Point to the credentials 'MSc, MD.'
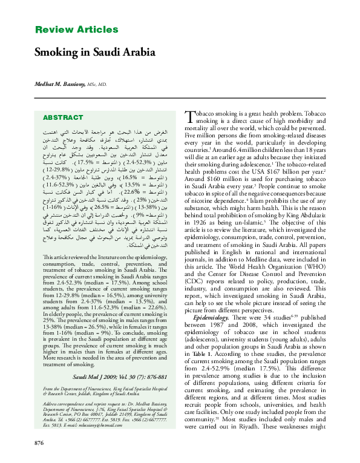(x=98, y=86)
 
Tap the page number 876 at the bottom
(x=41, y=444)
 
